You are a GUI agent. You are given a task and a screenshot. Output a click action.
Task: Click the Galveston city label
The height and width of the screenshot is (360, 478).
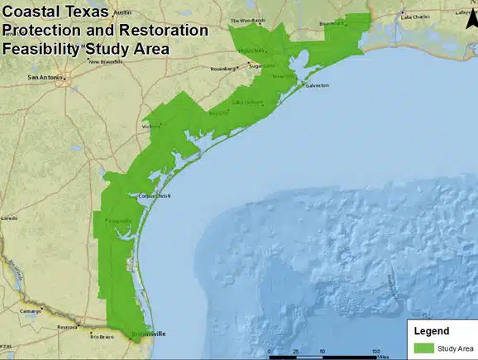pyautogui.click(x=317, y=85)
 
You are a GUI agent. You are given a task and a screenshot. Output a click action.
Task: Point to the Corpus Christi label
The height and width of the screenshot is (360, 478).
pyautogui.click(x=154, y=196)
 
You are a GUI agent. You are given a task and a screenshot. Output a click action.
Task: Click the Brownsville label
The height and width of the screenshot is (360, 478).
pyautogui.click(x=150, y=334)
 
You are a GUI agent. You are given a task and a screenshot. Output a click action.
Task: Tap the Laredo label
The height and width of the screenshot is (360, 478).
pyautogui.click(x=9, y=218)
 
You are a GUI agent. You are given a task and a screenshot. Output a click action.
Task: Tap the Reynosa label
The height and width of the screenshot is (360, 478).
pyautogui.click(x=66, y=328)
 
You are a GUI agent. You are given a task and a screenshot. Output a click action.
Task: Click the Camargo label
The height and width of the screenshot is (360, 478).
pyautogui.click(x=31, y=311)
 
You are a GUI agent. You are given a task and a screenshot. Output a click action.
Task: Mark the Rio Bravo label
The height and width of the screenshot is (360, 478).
pyautogui.click(x=101, y=337)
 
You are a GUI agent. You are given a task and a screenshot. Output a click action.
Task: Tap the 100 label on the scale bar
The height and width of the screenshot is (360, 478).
pyautogui.click(x=375, y=352)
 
